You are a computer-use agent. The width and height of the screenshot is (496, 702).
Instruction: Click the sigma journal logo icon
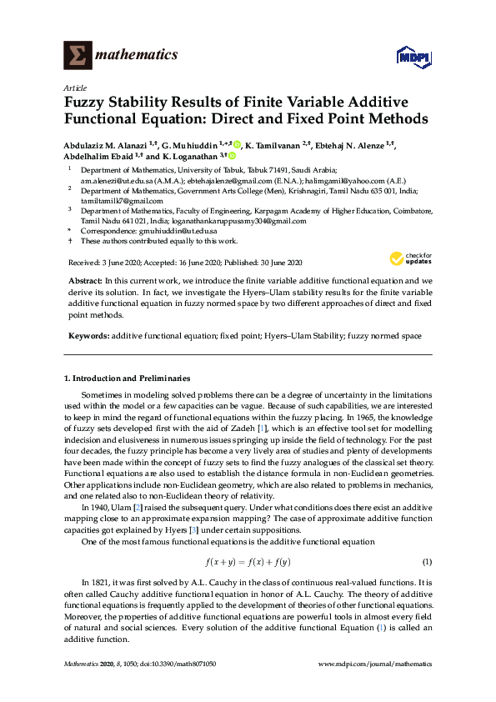tap(78, 55)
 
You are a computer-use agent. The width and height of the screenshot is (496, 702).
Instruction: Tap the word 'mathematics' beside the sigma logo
tap(137, 55)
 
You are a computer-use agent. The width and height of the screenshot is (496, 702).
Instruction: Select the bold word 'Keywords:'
tap(88, 335)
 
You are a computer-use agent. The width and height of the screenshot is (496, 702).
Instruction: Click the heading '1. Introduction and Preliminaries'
tap(127, 379)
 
